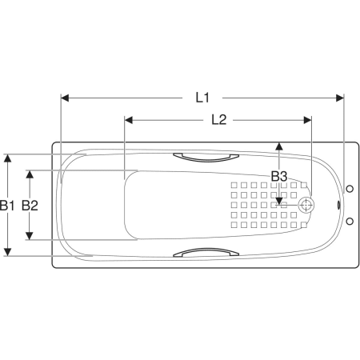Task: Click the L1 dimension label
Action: pos(202,98)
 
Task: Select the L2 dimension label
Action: pos(219,120)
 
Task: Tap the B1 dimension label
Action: pos(7,206)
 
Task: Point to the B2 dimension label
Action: pos(30,206)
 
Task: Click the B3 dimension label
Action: pos(279,176)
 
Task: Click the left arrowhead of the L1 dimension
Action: pos(65,98)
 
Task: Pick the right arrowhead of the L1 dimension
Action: pos(340,98)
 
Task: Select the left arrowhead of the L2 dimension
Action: pos(129,120)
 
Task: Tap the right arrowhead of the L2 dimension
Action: pos(308,120)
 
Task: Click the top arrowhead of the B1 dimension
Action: pos(8,158)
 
